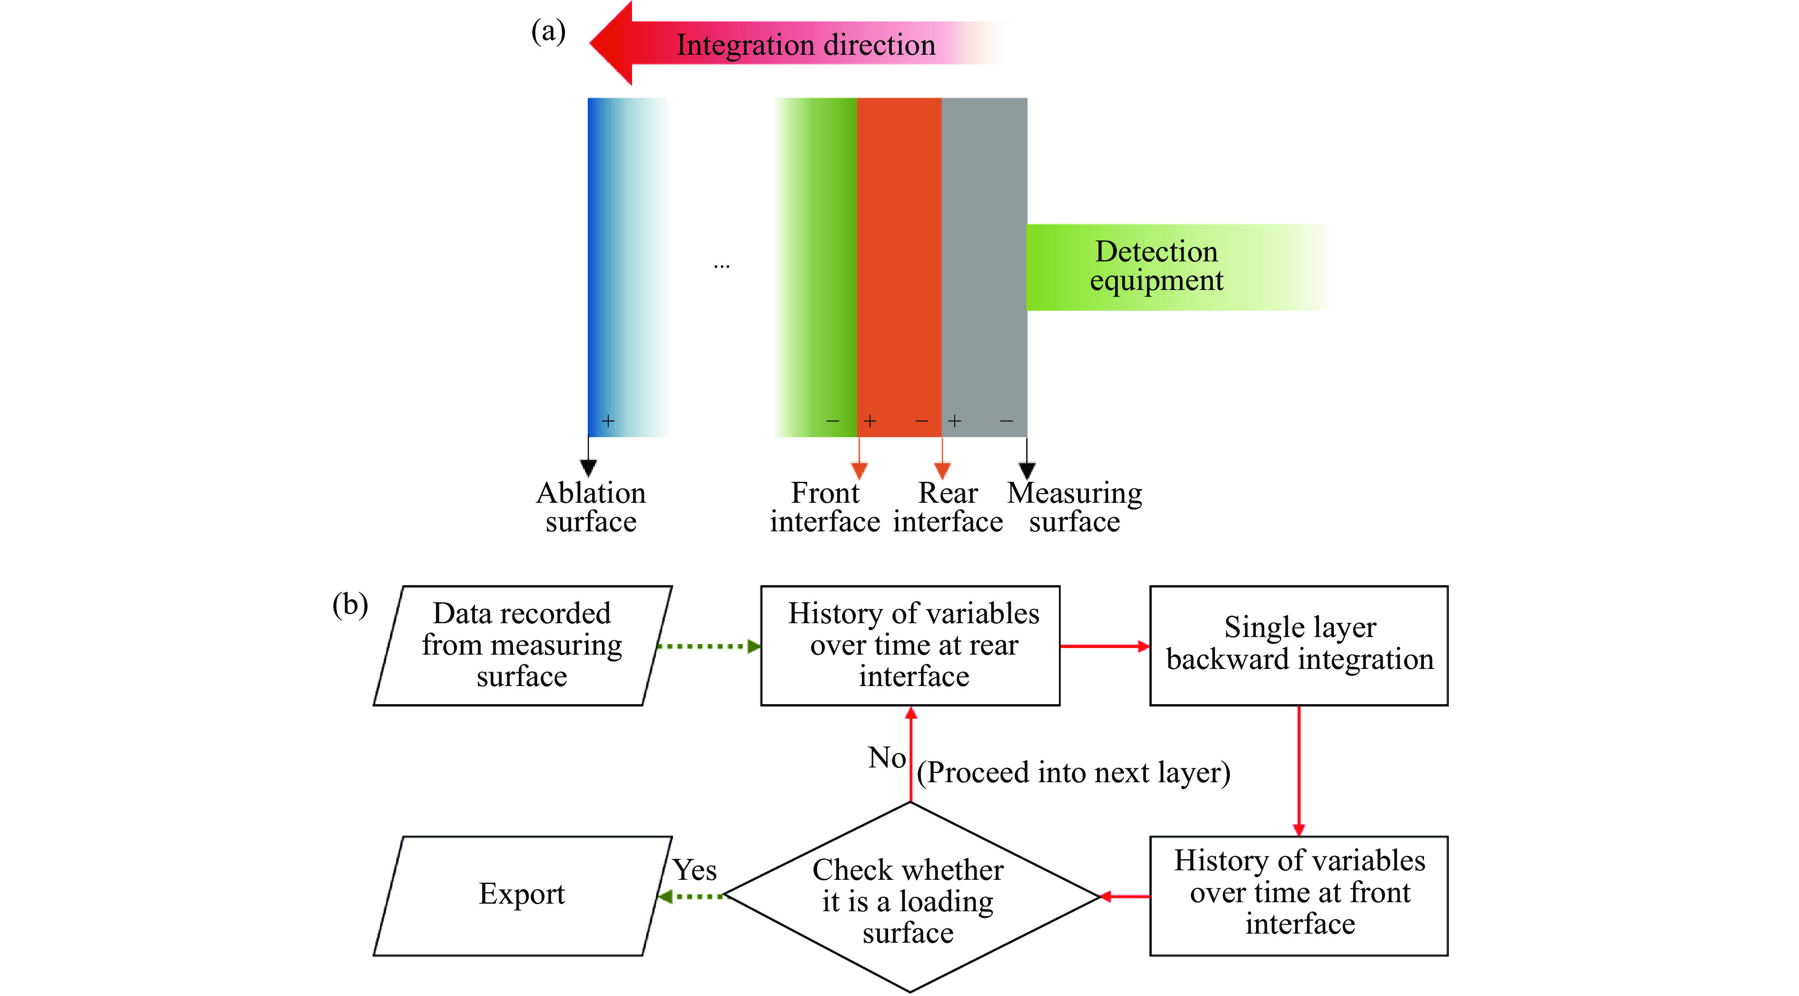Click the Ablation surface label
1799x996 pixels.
tap(591, 507)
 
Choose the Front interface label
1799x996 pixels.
tap(825, 507)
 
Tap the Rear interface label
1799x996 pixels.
tap(948, 507)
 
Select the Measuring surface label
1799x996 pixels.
tap(1074, 507)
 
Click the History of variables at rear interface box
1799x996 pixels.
tap(910, 646)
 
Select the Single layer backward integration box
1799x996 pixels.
tap(1298, 646)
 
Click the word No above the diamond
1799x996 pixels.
tap(887, 758)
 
